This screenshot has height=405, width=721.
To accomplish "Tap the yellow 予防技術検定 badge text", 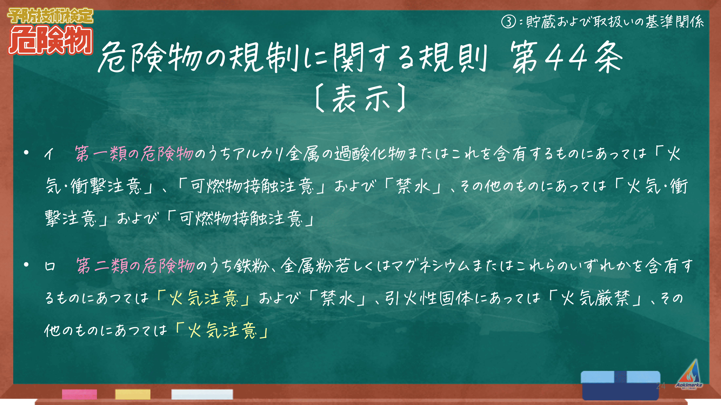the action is coord(50,16).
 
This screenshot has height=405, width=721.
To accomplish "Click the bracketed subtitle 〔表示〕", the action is coord(360,98).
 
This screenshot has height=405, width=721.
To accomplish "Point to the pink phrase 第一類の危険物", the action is coord(134,154).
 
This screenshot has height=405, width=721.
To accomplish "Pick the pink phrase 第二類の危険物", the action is coord(136,266).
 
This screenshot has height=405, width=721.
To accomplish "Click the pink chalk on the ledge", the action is coord(79,394).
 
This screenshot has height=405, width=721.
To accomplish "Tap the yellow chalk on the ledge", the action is coord(133,394).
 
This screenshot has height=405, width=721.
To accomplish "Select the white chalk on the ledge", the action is coord(202,394).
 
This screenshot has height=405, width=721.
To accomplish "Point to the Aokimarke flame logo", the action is coord(689,375).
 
